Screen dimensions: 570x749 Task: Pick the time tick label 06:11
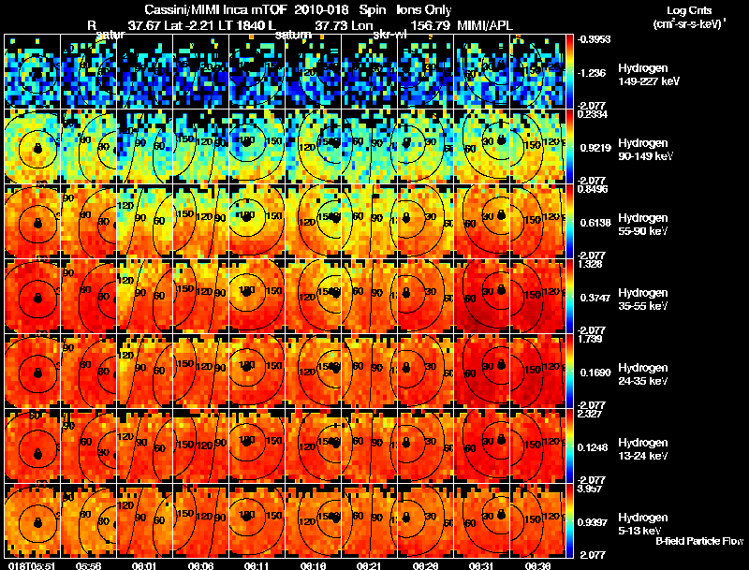pyautogui.click(x=256, y=564)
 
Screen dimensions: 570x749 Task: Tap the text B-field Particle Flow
pyautogui.click(x=699, y=541)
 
